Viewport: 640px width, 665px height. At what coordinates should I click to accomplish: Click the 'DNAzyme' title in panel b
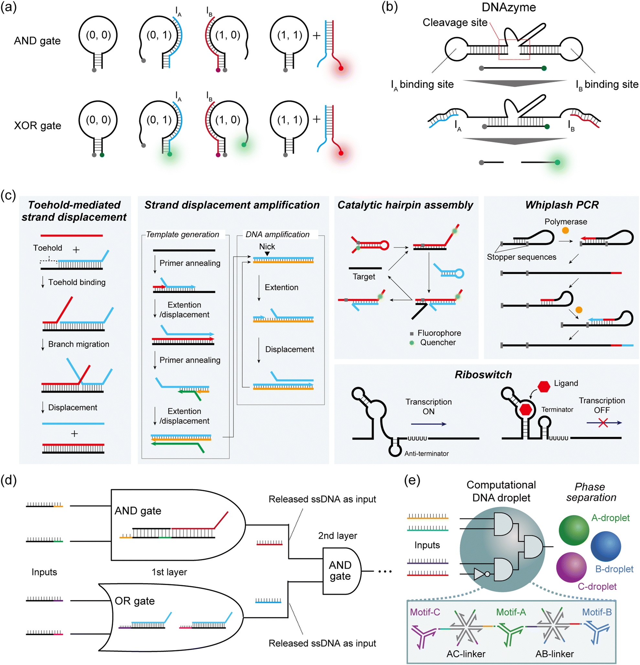[508, 7]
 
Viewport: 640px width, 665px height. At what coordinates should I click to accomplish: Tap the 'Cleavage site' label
[454, 23]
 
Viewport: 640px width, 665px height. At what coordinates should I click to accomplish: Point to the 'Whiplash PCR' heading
[562, 205]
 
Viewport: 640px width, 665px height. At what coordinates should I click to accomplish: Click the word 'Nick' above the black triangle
[267, 246]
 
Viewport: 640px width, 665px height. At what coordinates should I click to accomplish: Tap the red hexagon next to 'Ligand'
[544, 386]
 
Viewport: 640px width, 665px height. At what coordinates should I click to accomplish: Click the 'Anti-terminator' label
[426, 454]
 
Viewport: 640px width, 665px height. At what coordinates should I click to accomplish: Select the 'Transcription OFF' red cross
[603, 423]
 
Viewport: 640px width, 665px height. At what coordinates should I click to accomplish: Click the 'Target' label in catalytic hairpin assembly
[364, 276]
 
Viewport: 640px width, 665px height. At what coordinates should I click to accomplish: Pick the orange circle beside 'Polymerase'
[565, 231]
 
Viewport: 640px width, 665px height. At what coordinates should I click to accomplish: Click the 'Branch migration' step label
[78, 344]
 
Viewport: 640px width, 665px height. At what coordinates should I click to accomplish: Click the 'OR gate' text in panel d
[135, 601]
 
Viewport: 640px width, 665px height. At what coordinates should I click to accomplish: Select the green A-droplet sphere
[574, 530]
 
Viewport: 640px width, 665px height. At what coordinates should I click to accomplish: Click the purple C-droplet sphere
[571, 567]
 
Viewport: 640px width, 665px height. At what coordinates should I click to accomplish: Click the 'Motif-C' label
[425, 612]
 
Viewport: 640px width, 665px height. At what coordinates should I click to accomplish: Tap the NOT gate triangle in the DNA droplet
[479, 574]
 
